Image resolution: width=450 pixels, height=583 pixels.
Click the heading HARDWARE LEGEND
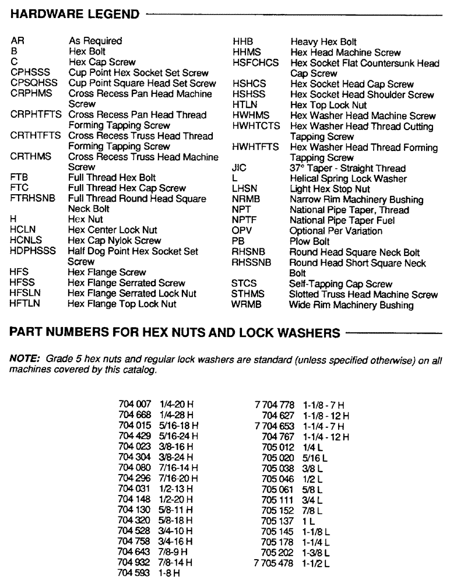75,13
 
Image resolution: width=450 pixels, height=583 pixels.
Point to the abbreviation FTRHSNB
33,199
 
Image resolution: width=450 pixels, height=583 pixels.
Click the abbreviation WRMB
248,305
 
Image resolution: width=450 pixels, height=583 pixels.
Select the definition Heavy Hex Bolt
324,42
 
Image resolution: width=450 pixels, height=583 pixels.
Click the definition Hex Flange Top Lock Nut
122,304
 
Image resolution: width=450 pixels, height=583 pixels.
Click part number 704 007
135,405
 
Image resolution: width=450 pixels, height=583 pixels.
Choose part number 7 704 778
275,405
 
